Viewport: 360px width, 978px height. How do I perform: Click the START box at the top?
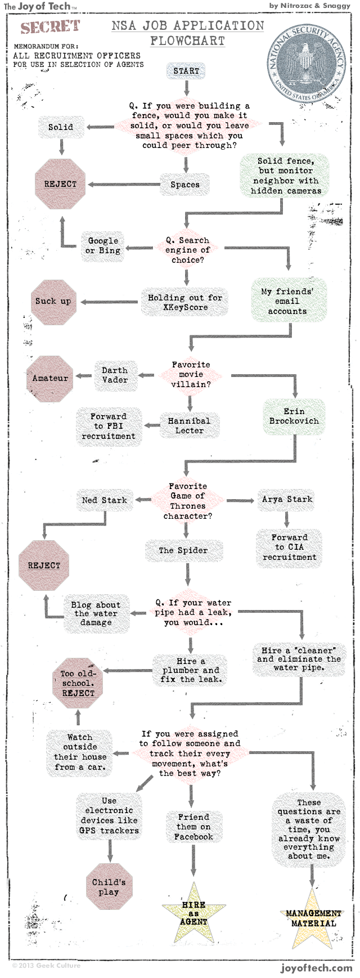click(186, 71)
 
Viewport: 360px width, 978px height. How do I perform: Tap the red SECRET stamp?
click(50, 26)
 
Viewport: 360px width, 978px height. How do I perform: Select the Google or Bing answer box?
click(103, 245)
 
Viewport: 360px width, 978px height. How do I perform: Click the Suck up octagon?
click(53, 302)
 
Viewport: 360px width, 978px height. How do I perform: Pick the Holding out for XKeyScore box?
click(185, 302)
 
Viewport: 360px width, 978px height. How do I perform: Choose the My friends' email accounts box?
click(287, 301)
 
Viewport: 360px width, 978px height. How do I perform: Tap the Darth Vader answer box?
click(115, 375)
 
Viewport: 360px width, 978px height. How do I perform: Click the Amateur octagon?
click(50, 378)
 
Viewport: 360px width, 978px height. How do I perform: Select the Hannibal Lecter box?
click(189, 425)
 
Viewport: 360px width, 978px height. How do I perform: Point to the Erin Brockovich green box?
click(294, 416)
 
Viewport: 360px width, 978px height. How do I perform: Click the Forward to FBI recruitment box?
click(109, 427)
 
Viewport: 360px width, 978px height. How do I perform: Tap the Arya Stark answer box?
click(287, 499)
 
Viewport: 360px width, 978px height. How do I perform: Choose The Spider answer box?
click(183, 550)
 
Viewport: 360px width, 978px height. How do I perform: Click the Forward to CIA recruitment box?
click(290, 547)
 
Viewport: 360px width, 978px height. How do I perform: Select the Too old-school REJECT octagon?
click(78, 683)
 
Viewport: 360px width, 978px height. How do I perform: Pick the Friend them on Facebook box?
click(193, 827)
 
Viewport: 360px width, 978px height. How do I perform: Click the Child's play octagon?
click(109, 887)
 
